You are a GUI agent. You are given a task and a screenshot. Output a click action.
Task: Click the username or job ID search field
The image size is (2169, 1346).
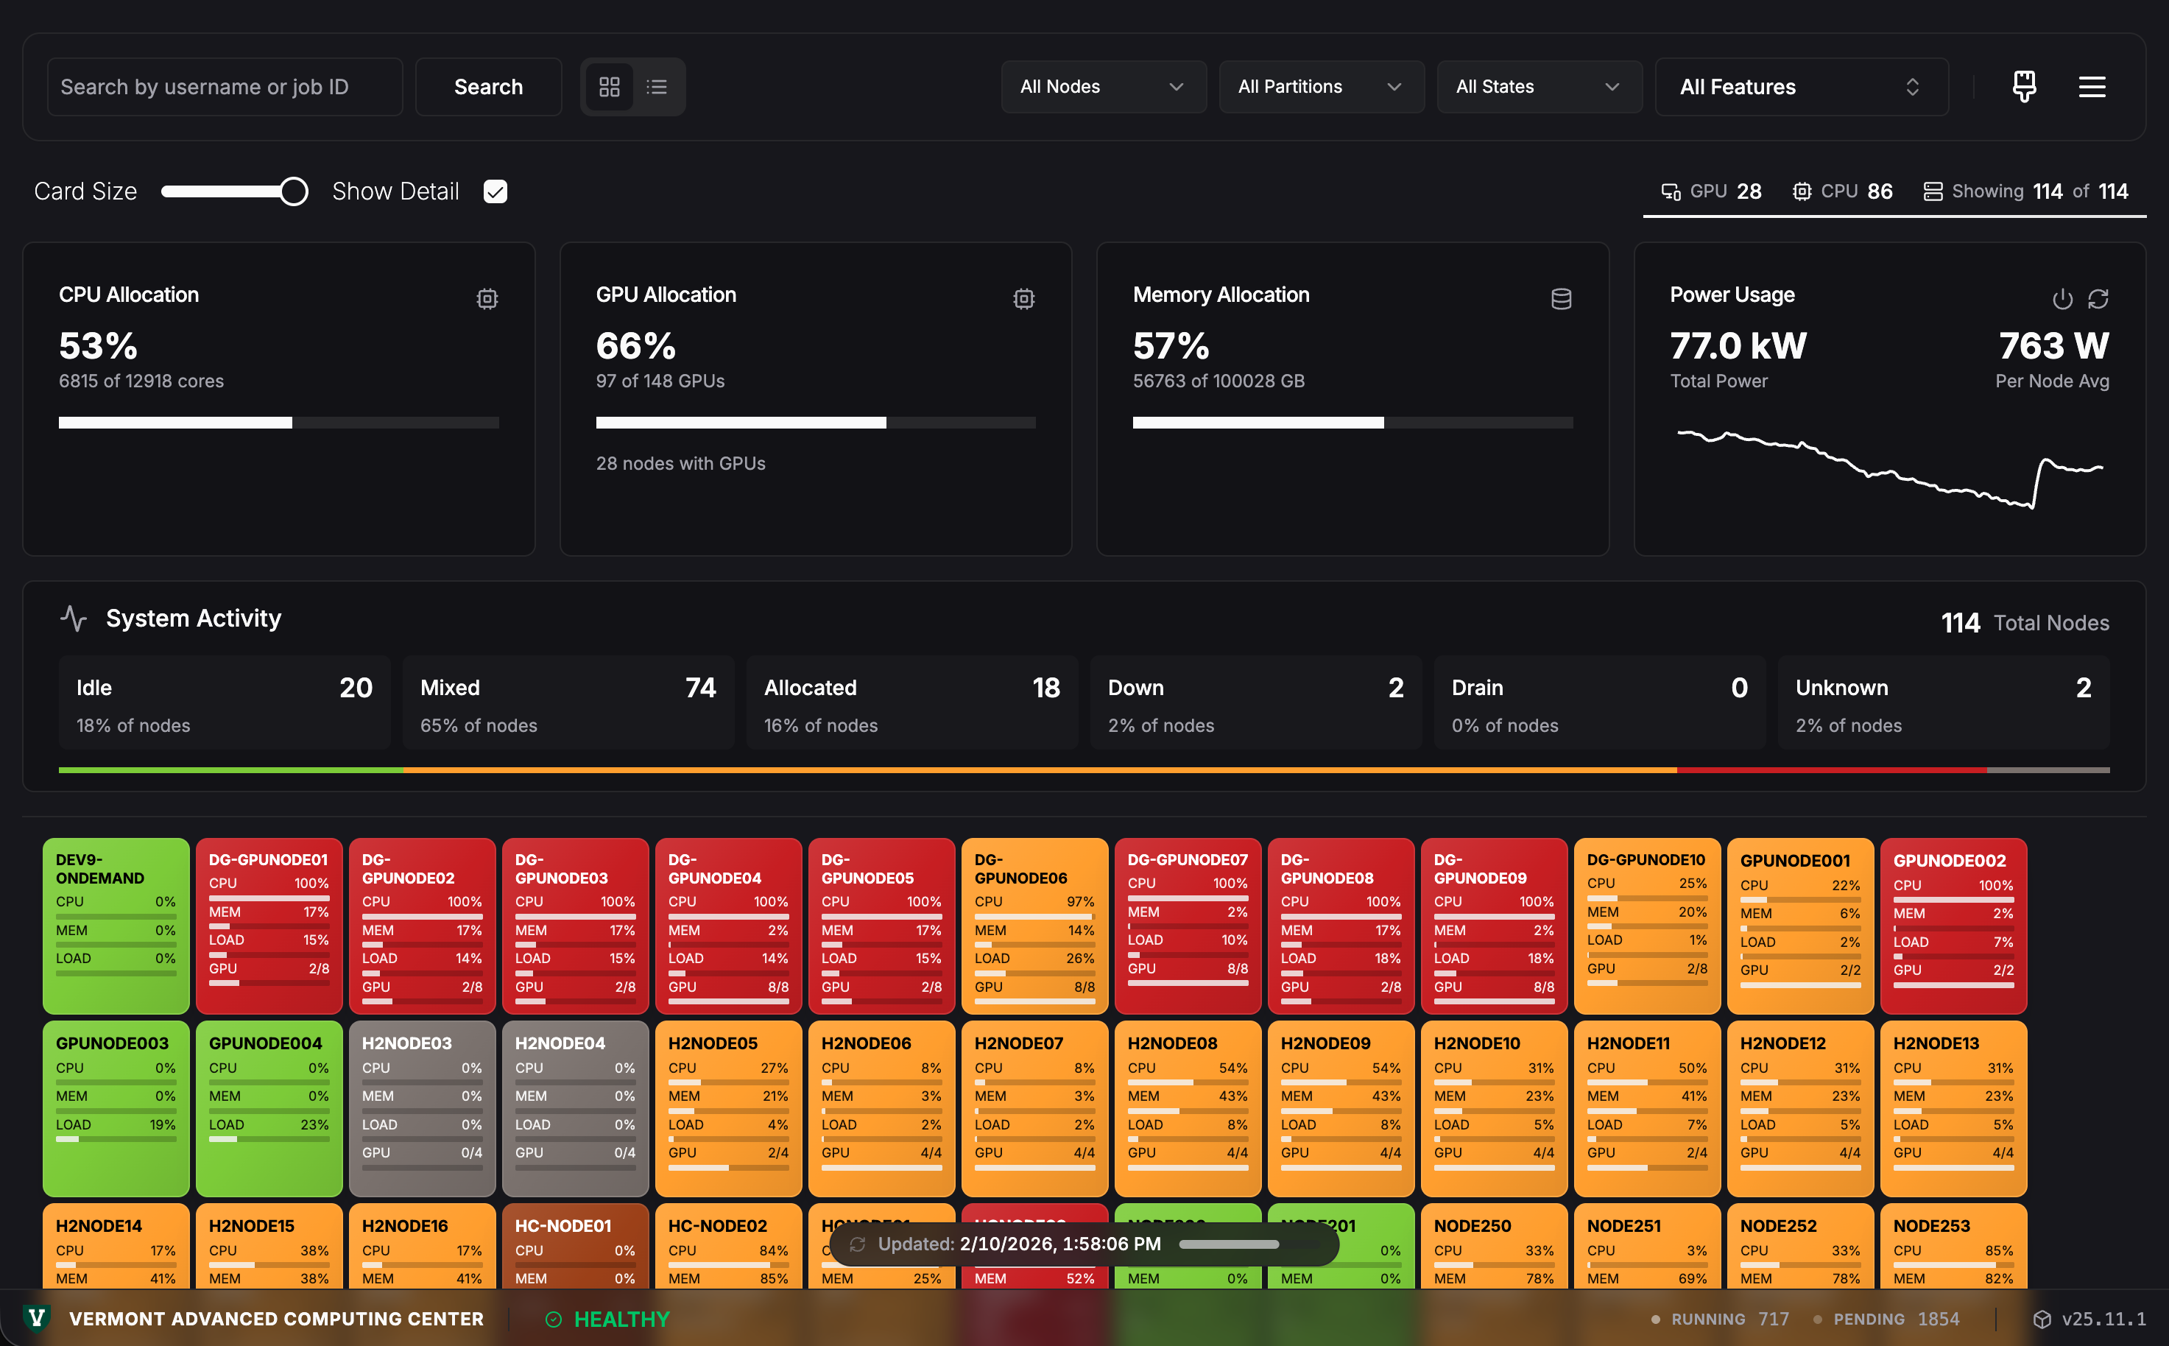pyautogui.click(x=225, y=86)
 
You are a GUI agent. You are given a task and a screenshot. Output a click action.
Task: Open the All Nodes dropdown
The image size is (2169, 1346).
pyautogui.click(x=1103, y=86)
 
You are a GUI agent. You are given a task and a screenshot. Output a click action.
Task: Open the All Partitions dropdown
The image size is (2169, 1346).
pyautogui.click(x=1321, y=86)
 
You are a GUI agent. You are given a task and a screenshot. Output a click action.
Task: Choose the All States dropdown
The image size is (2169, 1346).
pyautogui.click(x=1539, y=86)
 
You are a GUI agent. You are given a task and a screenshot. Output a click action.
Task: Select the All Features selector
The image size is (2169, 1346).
pyautogui.click(x=1801, y=86)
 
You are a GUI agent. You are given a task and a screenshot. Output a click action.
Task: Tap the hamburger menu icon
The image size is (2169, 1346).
pyautogui.click(x=2092, y=86)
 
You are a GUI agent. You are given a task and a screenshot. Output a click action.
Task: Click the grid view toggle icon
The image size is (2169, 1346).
pyautogui.click(x=609, y=86)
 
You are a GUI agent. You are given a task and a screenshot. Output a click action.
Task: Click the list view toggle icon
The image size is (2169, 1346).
pyautogui.click(x=657, y=86)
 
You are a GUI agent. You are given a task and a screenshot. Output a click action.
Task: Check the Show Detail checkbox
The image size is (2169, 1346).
pyautogui.click(x=495, y=191)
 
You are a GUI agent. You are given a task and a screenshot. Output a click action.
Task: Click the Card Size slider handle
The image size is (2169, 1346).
pyautogui.click(x=294, y=191)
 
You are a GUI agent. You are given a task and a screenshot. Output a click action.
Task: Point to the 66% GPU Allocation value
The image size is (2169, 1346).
pyautogui.click(x=635, y=345)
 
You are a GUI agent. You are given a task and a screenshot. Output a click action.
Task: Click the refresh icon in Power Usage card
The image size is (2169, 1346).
pyautogui.click(x=2098, y=298)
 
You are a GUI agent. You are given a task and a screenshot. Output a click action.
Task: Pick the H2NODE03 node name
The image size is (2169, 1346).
pyautogui.click(x=406, y=1043)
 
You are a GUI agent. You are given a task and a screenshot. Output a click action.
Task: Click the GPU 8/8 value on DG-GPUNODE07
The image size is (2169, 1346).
pyautogui.click(x=1237, y=968)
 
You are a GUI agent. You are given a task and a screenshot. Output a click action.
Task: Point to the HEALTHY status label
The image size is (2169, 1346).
pyautogui.click(x=621, y=1319)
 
